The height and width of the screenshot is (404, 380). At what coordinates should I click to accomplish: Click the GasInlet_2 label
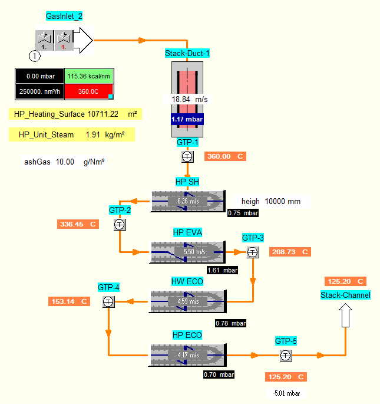pos(64,17)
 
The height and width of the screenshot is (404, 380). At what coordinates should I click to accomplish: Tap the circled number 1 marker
pos(35,56)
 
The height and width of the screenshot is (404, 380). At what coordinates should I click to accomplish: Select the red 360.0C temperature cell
pos(88,91)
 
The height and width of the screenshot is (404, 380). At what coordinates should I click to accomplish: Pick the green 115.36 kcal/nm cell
pos(88,76)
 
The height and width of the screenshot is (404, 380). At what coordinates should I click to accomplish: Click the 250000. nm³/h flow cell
pos(39,91)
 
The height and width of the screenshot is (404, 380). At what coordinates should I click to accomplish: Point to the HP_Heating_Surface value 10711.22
pos(103,114)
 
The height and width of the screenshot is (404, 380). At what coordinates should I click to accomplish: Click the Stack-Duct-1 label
pos(187,53)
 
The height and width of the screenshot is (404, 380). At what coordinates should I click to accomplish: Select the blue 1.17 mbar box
pos(187,119)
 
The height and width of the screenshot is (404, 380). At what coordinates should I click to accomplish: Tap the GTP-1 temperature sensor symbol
pos(187,157)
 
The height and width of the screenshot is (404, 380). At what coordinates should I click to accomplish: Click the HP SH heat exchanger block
pos(188,201)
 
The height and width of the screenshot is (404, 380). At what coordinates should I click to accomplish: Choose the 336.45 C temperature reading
pos(78,224)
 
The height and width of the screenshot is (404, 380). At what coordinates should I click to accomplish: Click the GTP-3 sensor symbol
pos(253,252)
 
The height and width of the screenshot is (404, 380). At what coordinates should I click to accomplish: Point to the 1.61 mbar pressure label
pos(223,270)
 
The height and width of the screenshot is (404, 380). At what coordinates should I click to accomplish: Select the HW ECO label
pos(187,281)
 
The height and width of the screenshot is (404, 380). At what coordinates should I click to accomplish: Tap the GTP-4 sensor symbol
pos(108,301)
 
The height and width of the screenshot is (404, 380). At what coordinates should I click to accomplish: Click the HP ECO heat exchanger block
pos(187,355)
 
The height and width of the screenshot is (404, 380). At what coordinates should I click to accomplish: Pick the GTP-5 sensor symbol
pos(286,356)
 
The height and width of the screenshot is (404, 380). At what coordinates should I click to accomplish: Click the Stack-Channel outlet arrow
pos(345,316)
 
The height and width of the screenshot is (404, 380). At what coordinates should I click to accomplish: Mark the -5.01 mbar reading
pos(286,393)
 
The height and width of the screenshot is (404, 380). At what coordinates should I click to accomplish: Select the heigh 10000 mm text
pos(271,201)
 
